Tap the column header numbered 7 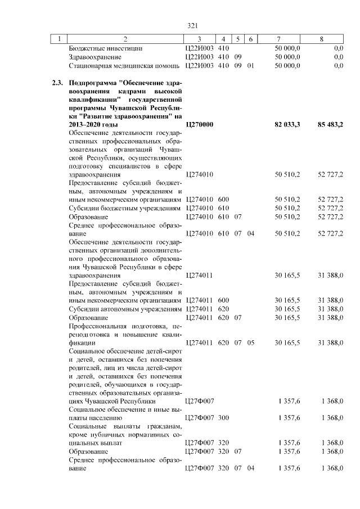click(x=280, y=39)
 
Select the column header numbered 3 click(x=200, y=39)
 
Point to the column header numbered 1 click(x=58, y=39)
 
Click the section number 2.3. click(x=56, y=83)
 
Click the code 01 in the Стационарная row click(x=251, y=66)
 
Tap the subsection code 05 click(x=251, y=342)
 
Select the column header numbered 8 click(x=321, y=39)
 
